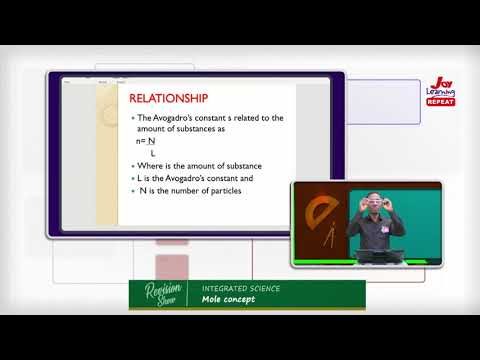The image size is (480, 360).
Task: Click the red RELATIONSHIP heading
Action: (170, 98)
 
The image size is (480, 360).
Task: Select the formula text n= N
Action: (146, 141)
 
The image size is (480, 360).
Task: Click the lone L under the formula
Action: (153, 152)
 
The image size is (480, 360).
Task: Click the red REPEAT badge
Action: (440, 101)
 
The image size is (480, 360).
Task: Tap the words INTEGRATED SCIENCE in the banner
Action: (240, 288)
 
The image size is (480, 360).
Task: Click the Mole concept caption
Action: (228, 299)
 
